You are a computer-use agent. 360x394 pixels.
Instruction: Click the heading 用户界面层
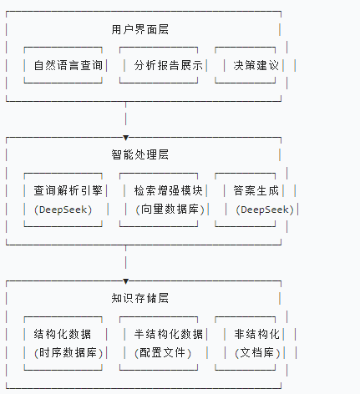point(140,29)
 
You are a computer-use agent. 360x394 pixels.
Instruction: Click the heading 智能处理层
point(140,154)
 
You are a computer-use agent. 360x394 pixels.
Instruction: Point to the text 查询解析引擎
point(68,190)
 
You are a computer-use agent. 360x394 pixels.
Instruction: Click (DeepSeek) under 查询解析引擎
point(63,210)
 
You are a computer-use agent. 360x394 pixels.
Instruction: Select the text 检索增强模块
point(169,190)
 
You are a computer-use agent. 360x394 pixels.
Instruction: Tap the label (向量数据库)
point(170,210)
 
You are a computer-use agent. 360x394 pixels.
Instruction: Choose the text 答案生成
point(256,190)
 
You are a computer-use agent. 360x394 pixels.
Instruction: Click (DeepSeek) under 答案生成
point(265,210)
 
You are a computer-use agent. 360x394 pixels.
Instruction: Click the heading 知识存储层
point(140,298)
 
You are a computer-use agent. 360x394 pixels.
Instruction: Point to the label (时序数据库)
point(68,353)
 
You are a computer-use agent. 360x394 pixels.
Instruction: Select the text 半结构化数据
point(169,334)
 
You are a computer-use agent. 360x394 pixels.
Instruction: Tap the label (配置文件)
point(163,353)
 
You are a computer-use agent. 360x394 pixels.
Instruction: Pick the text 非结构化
point(256,334)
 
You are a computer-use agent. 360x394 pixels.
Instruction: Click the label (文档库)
point(257,353)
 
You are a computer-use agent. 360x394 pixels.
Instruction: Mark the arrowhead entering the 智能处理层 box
point(126,138)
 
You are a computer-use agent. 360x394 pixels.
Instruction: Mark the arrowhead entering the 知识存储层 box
point(126,281)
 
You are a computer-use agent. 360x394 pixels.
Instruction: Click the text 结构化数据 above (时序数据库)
point(63,334)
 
